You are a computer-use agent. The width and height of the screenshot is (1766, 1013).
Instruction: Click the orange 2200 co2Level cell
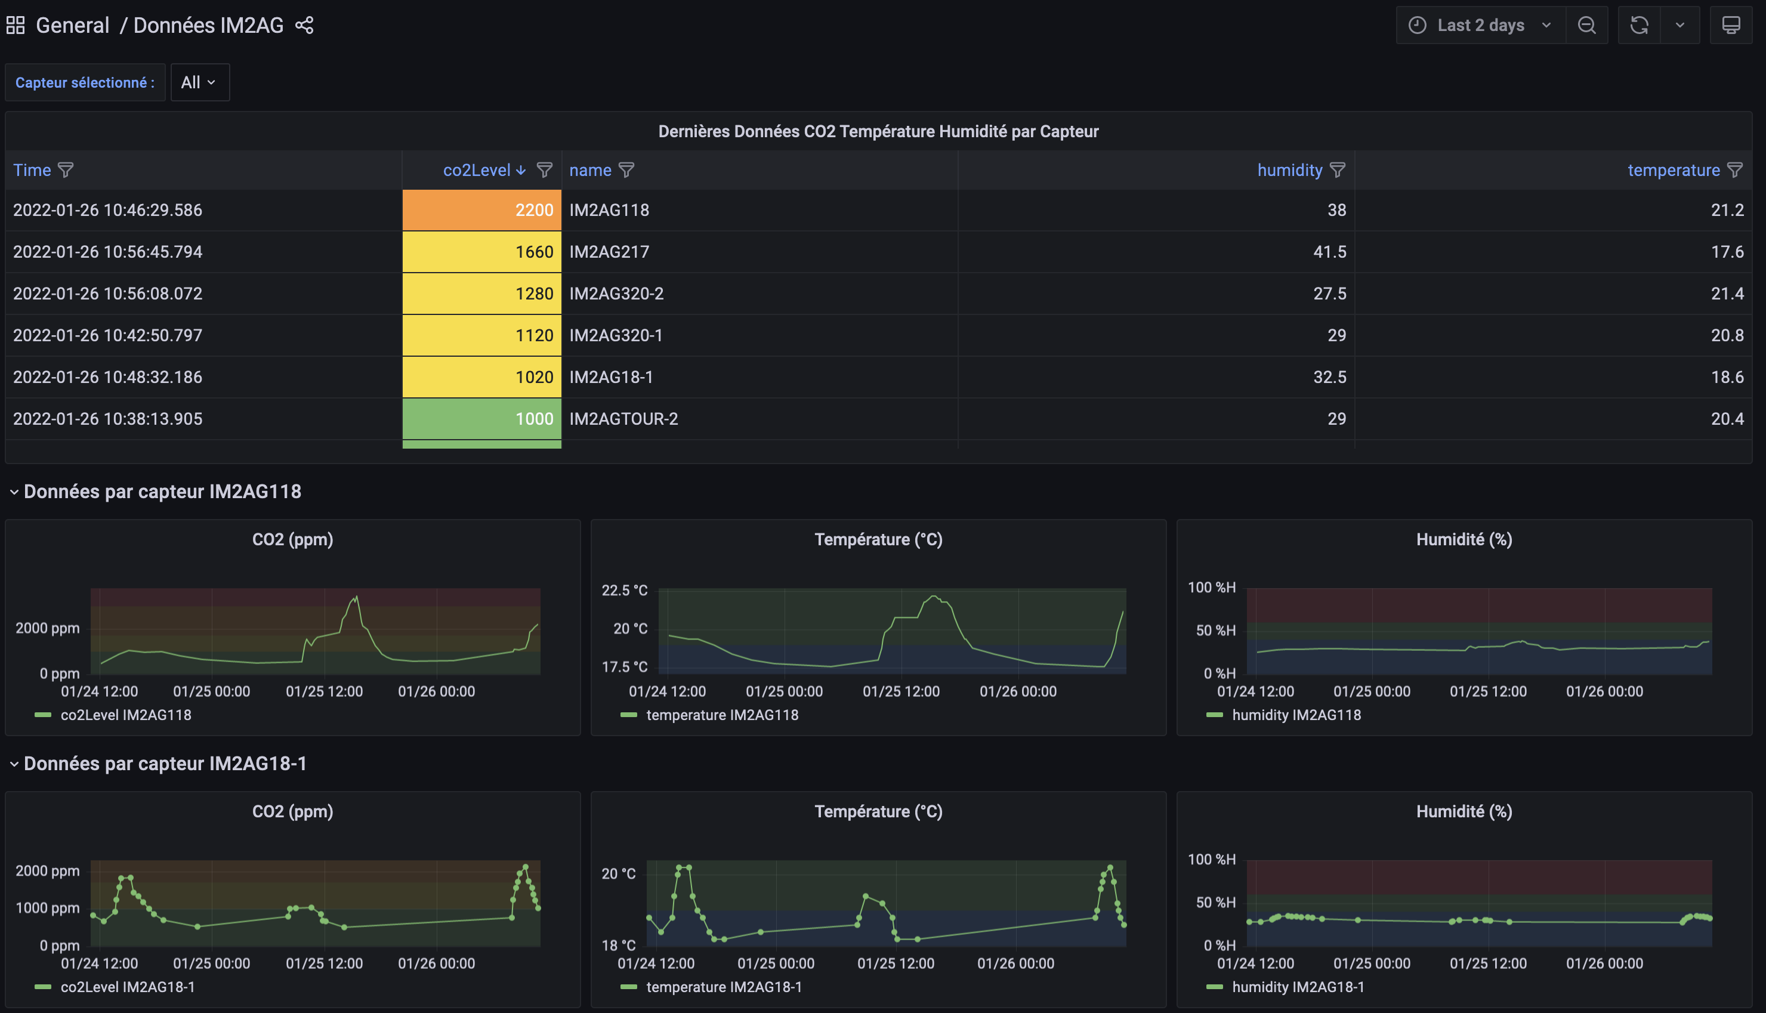(481, 210)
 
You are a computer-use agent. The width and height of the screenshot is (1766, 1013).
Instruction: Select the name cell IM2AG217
(609, 252)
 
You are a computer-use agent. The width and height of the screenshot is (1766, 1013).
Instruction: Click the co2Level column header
(477, 171)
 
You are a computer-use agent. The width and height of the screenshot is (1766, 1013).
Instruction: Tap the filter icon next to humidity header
(1337, 171)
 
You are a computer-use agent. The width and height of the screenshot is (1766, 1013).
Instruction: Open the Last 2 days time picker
(1480, 26)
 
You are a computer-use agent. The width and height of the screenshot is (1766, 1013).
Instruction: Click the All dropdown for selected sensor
(199, 83)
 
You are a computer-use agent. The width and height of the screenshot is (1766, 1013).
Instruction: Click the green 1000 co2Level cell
(481, 419)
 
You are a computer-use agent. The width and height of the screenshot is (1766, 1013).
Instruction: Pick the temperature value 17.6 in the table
(1727, 252)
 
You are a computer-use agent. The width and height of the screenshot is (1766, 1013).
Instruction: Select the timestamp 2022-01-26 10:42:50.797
(108, 335)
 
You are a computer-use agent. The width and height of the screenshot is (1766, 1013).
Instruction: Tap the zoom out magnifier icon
(1586, 26)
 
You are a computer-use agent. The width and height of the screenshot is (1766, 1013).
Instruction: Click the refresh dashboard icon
(1639, 26)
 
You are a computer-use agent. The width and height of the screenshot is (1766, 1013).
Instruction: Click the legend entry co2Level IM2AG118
(125, 715)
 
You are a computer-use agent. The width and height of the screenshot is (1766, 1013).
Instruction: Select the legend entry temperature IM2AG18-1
(723, 987)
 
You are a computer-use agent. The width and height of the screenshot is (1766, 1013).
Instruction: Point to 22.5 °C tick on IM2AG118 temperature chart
(624, 591)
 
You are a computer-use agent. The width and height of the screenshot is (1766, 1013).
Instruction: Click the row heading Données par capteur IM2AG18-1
(165, 764)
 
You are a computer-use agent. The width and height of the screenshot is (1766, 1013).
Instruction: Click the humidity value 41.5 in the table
(1329, 252)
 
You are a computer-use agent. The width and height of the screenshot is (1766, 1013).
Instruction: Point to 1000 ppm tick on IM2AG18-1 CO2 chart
(47, 908)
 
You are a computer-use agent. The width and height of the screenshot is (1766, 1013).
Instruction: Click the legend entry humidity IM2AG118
(1296, 715)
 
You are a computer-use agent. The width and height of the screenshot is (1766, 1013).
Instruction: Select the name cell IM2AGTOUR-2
(623, 419)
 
